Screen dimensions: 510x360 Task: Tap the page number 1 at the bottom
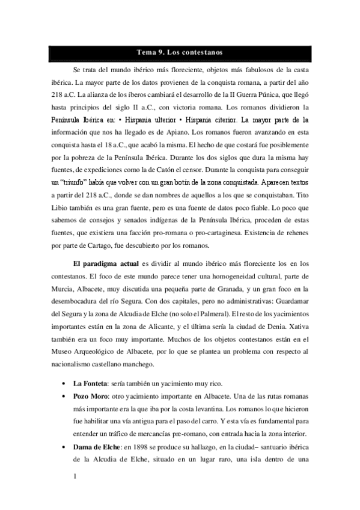[73, 478]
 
